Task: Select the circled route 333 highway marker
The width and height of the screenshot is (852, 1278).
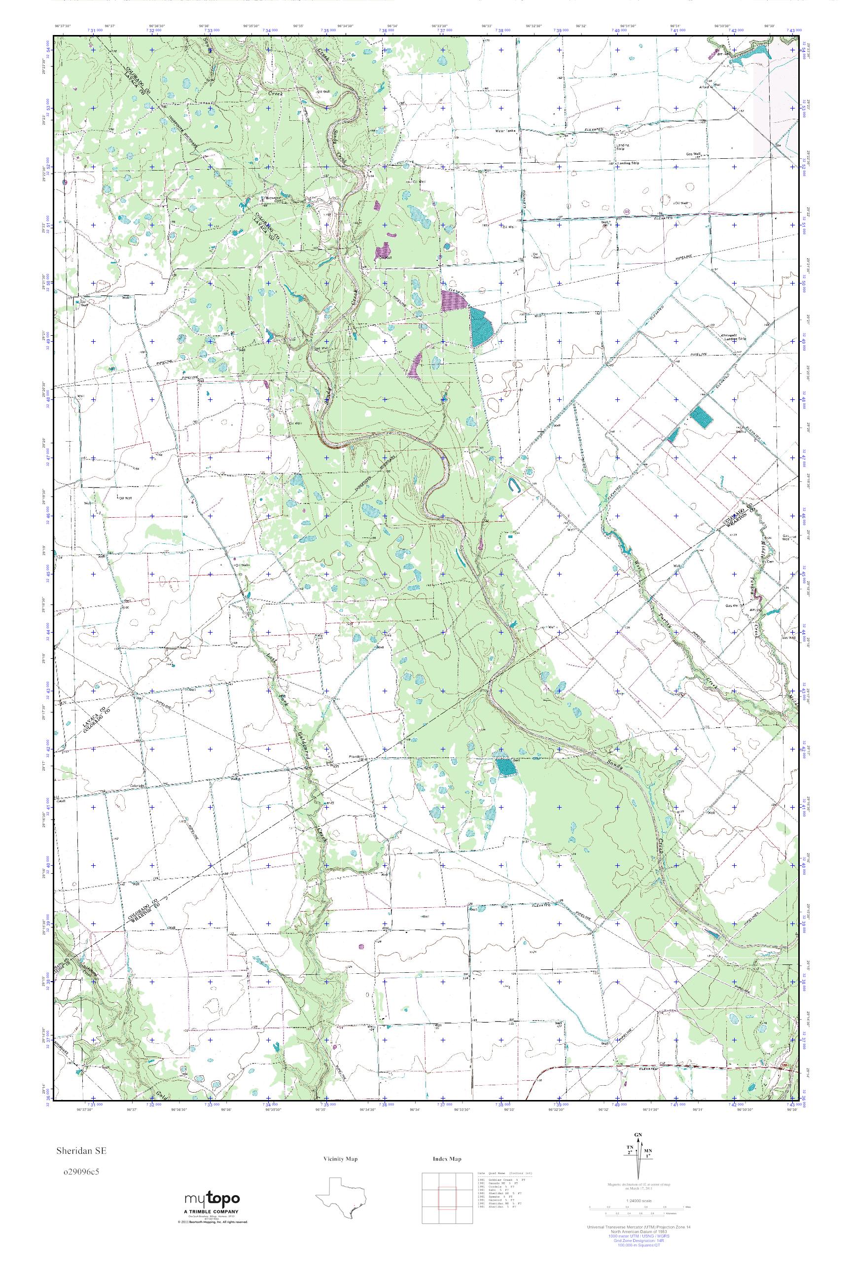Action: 627,211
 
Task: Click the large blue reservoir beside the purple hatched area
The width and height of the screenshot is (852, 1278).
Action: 481,328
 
